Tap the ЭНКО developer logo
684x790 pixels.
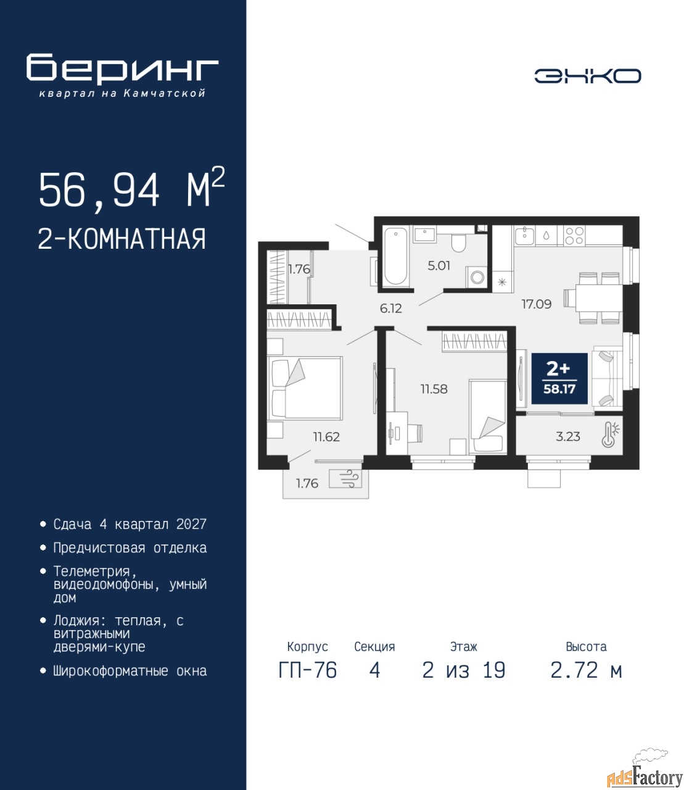587,75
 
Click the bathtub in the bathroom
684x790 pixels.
395,256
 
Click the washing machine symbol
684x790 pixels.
476,276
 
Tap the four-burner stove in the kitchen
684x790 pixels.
574,235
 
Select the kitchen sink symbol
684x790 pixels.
525,236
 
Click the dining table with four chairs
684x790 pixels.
593,298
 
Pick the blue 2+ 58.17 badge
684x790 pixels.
559,378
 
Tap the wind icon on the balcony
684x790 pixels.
349,480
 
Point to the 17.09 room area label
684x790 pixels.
537,304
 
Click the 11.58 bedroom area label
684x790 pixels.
434,389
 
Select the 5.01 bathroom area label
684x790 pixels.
439,265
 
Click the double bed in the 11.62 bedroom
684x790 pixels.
304,388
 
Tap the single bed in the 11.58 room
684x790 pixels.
488,417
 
